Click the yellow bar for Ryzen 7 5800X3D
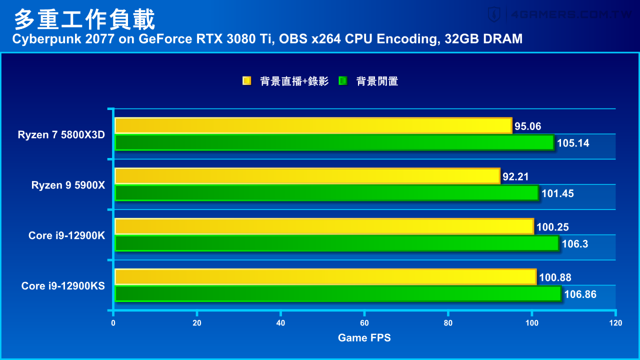coord(313,125)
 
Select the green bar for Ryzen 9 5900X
coord(326,193)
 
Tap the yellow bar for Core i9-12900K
coord(324,226)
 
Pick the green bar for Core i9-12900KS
coord(338,294)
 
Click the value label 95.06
coord(528,126)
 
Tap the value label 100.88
coord(555,277)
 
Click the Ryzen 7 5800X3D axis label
coord(61,134)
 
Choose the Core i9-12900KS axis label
coord(63,285)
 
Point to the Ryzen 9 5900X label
coord(68,185)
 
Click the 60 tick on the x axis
coord(364,323)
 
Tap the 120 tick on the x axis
coord(615,323)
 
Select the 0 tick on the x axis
coord(113,323)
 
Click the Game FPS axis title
coord(364,338)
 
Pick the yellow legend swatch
coord(246,81)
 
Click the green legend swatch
coord(342,81)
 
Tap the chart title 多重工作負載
coord(84,20)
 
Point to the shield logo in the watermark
coord(494,14)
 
